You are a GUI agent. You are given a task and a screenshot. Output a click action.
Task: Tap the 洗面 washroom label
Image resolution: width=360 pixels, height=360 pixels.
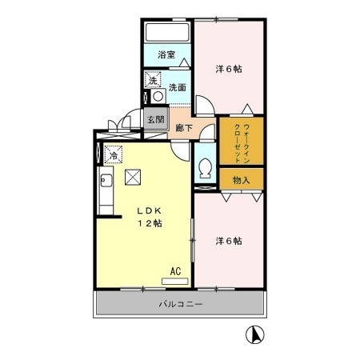(x=178, y=87)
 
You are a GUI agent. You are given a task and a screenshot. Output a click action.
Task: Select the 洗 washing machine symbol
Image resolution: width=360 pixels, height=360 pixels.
(x=151, y=80)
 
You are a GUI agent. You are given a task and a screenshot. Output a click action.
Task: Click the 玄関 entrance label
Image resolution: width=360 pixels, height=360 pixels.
(x=155, y=120)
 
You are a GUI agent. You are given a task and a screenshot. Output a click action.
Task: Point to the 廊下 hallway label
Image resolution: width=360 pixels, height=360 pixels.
(x=185, y=126)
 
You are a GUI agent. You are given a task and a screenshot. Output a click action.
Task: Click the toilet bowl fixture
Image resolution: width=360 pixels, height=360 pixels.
(x=205, y=169)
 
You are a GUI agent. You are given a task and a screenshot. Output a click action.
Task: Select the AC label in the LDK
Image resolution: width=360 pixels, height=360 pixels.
(x=175, y=271)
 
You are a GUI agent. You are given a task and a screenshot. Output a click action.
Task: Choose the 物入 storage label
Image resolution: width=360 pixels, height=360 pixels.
(x=241, y=180)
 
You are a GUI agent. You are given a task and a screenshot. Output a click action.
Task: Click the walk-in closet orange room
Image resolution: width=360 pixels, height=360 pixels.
(x=241, y=142)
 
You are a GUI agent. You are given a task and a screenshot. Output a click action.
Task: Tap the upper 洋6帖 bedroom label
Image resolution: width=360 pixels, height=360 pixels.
(x=229, y=68)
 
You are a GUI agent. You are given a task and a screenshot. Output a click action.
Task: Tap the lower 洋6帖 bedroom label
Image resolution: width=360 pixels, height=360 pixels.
(x=229, y=240)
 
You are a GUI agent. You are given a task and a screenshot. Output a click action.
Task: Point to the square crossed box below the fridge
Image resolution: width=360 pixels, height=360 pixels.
(x=132, y=177)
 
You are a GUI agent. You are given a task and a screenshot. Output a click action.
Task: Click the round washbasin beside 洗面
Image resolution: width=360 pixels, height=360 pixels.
(x=158, y=96)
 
